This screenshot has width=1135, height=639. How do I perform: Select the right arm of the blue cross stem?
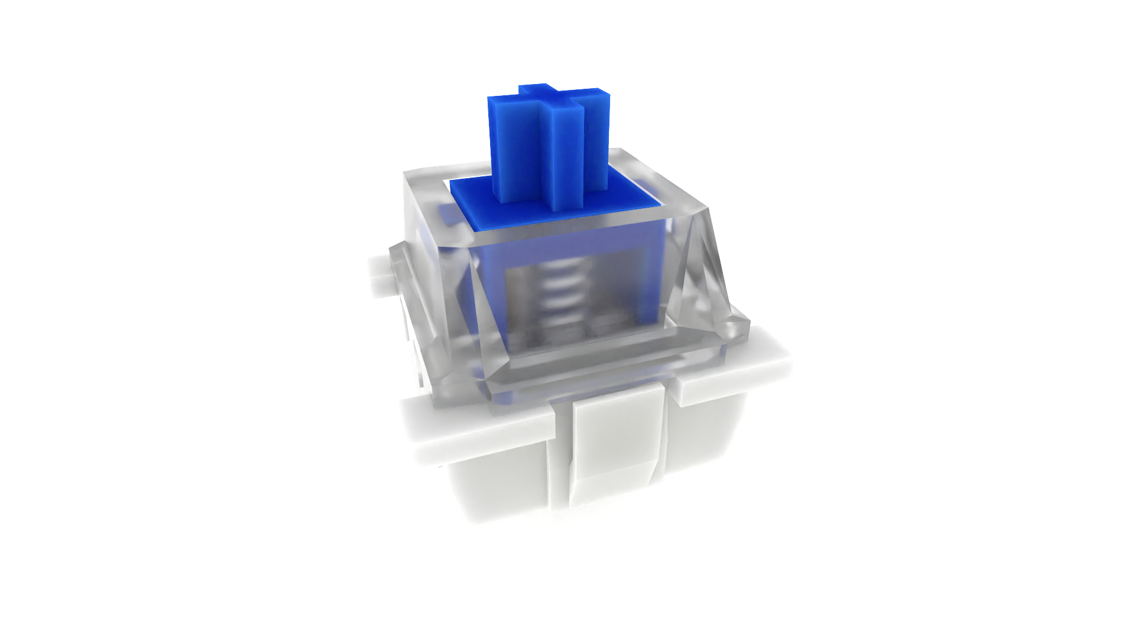[x=597, y=142]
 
